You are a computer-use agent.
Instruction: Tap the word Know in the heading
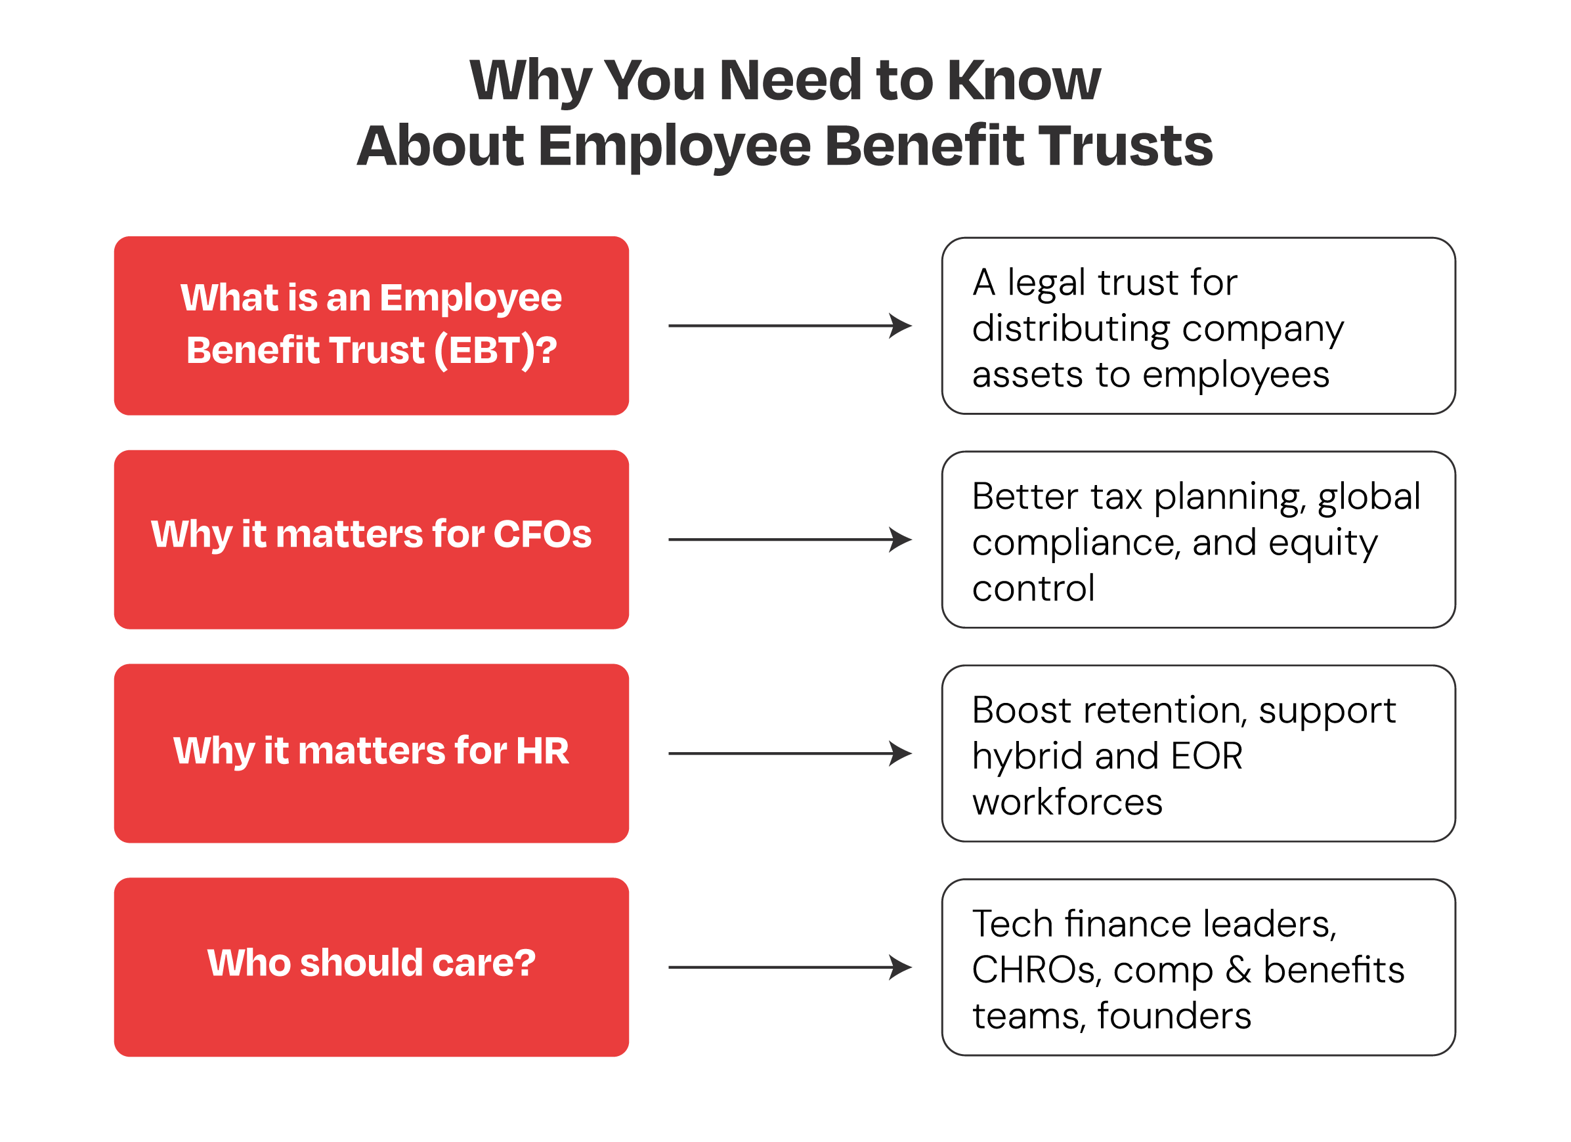1023,80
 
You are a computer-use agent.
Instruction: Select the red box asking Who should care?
372,967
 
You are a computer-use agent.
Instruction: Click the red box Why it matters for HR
372,753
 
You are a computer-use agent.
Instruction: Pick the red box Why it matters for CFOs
372,539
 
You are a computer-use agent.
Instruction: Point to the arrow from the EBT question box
790,326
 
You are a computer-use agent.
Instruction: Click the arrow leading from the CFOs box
790,539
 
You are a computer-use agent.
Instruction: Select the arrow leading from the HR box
790,753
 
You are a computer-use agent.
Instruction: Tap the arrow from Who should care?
790,967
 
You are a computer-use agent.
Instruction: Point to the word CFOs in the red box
542,534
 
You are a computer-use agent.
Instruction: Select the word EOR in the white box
1207,755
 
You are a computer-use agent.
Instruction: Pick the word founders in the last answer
1174,1016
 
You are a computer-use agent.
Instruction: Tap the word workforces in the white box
1067,802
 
